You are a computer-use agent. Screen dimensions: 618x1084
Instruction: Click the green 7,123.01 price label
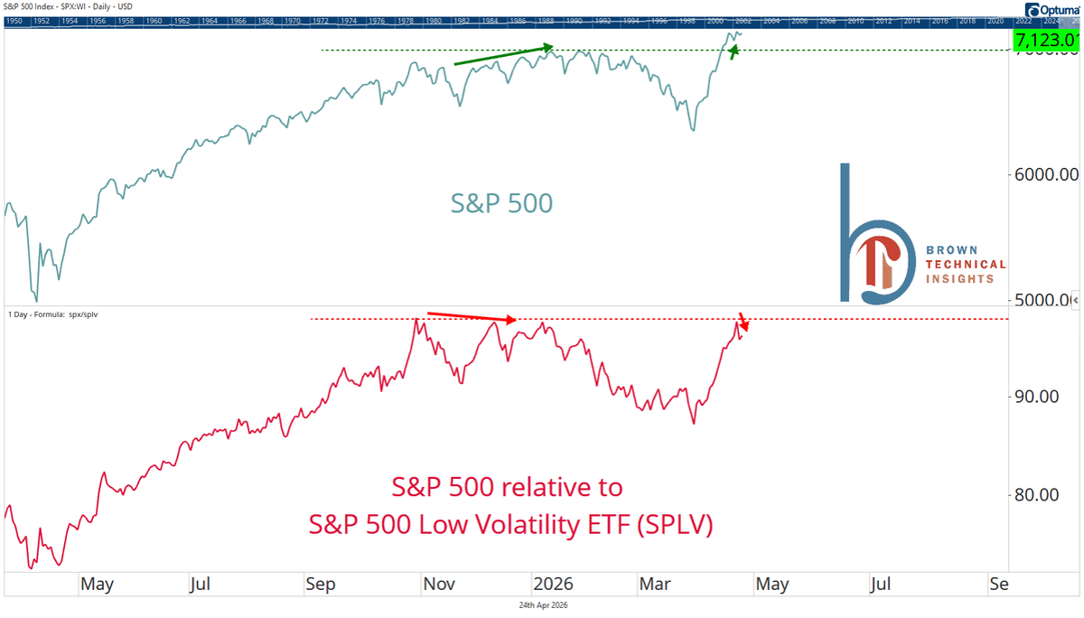(1047, 40)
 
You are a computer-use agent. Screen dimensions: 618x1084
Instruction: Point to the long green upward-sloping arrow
(503, 55)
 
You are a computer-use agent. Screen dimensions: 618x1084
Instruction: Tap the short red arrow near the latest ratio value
(744, 320)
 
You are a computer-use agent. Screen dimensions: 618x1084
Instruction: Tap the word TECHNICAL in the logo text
(966, 265)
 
